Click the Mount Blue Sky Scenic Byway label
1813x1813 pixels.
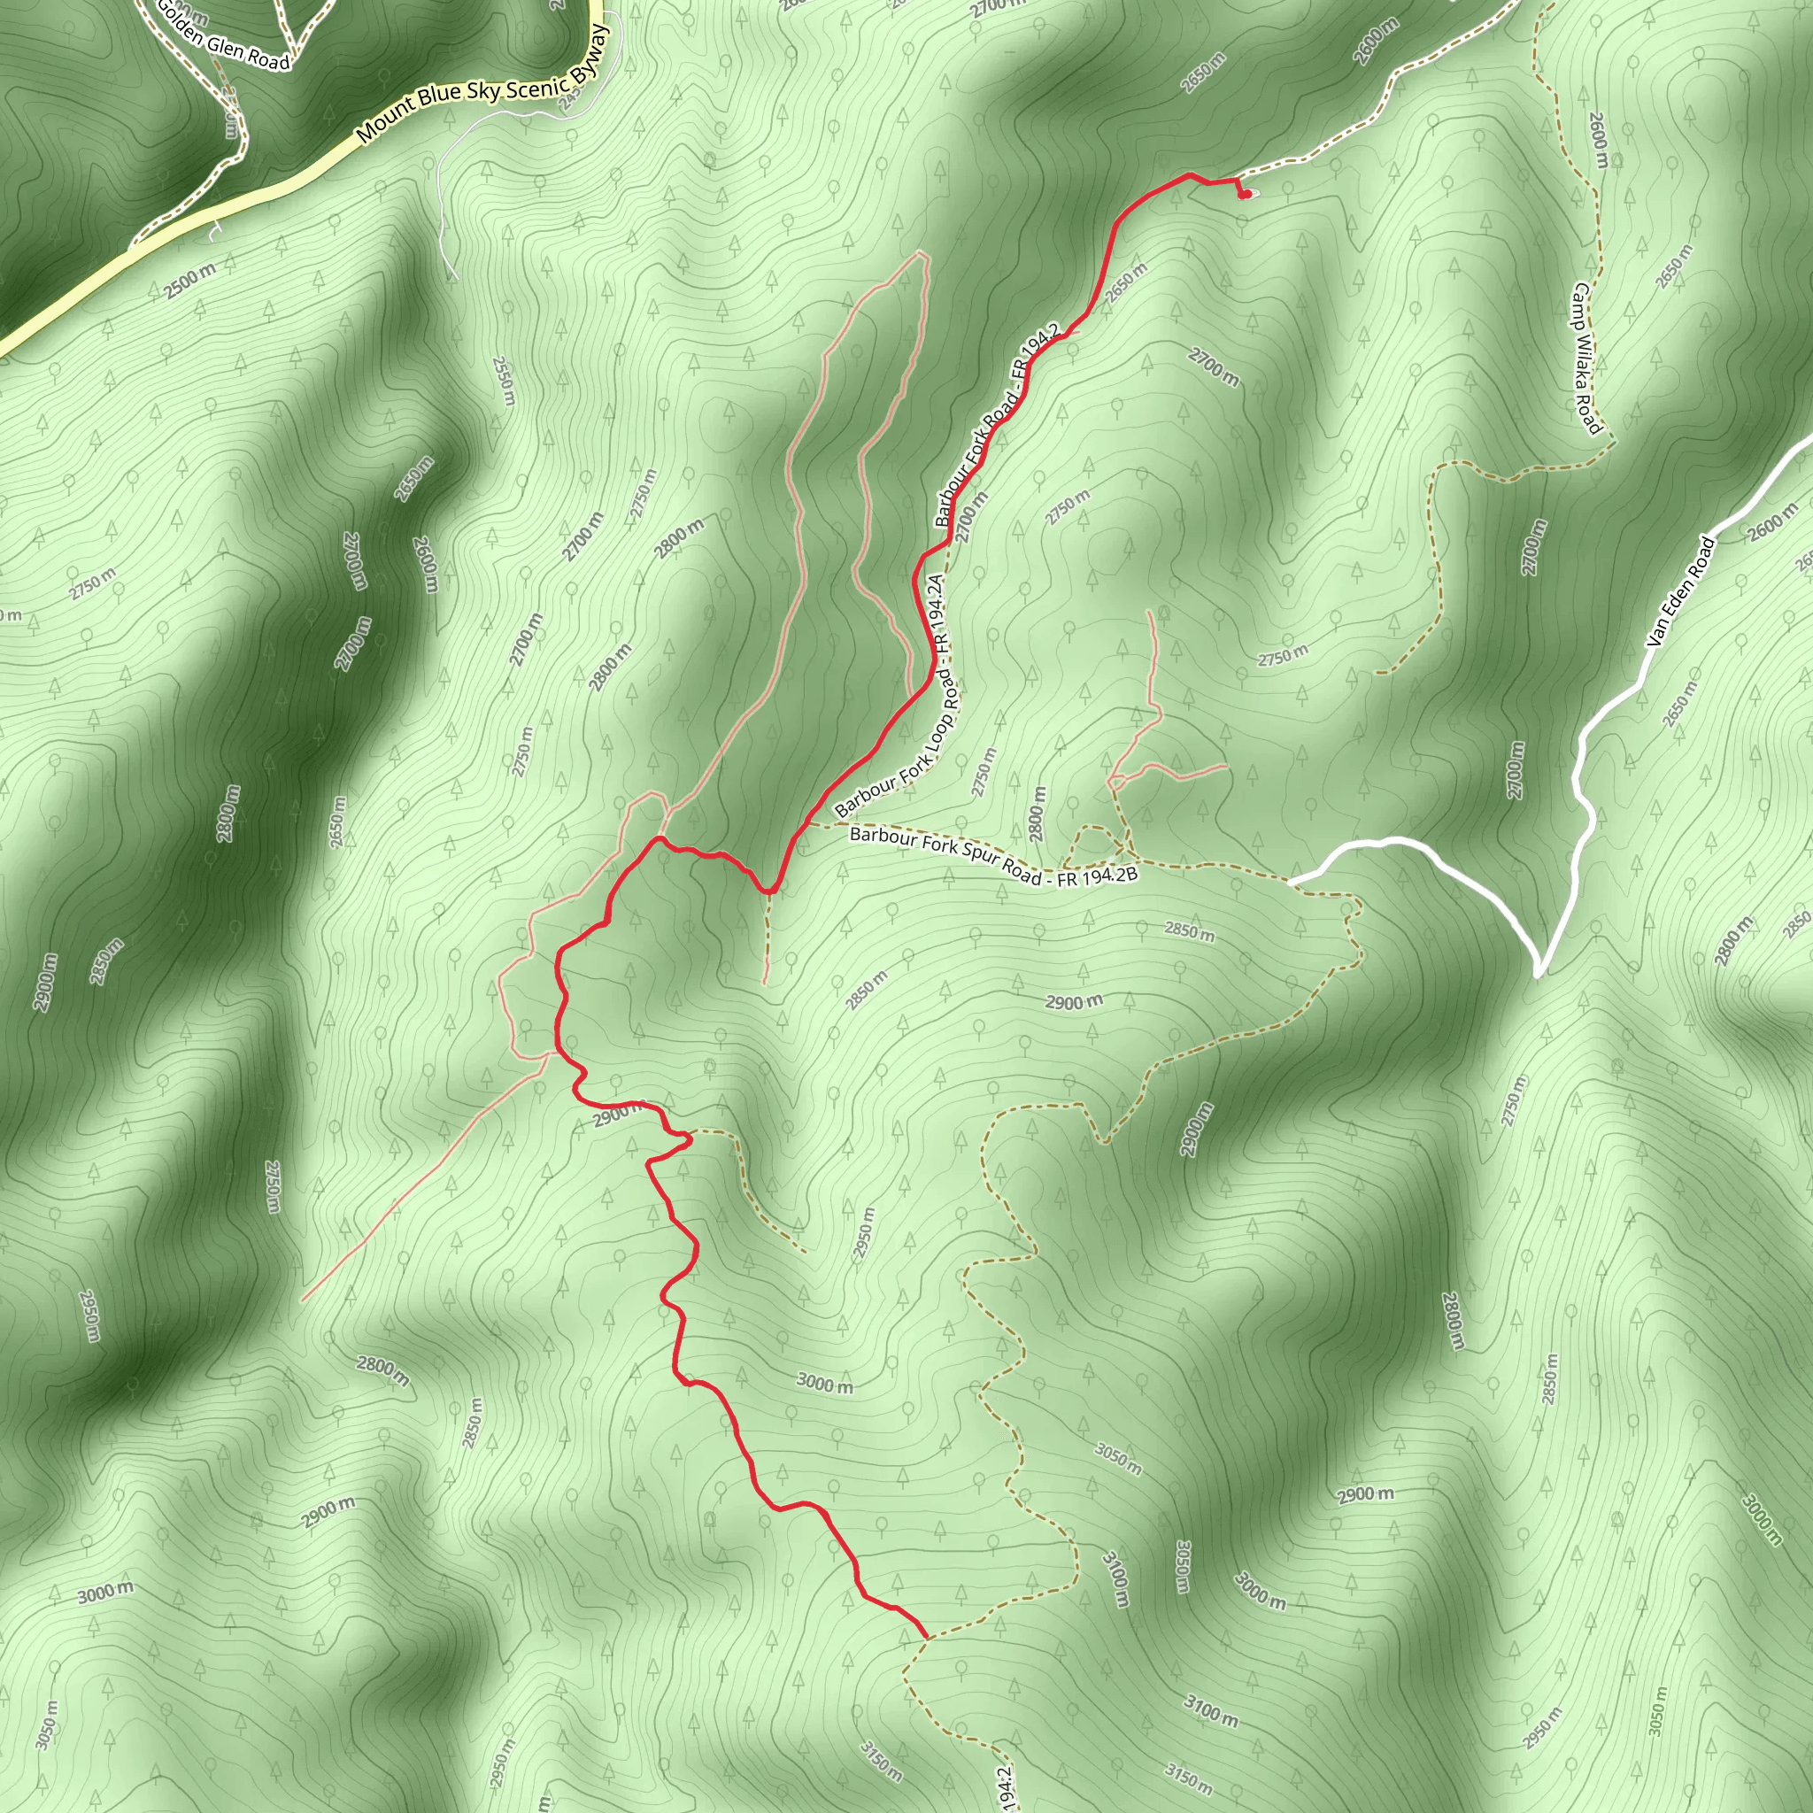coord(482,84)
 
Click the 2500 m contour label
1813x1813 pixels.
coord(190,281)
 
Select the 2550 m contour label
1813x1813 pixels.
coord(504,381)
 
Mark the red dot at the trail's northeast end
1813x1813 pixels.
coord(1246,194)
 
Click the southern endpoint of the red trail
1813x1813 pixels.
coord(926,1638)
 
